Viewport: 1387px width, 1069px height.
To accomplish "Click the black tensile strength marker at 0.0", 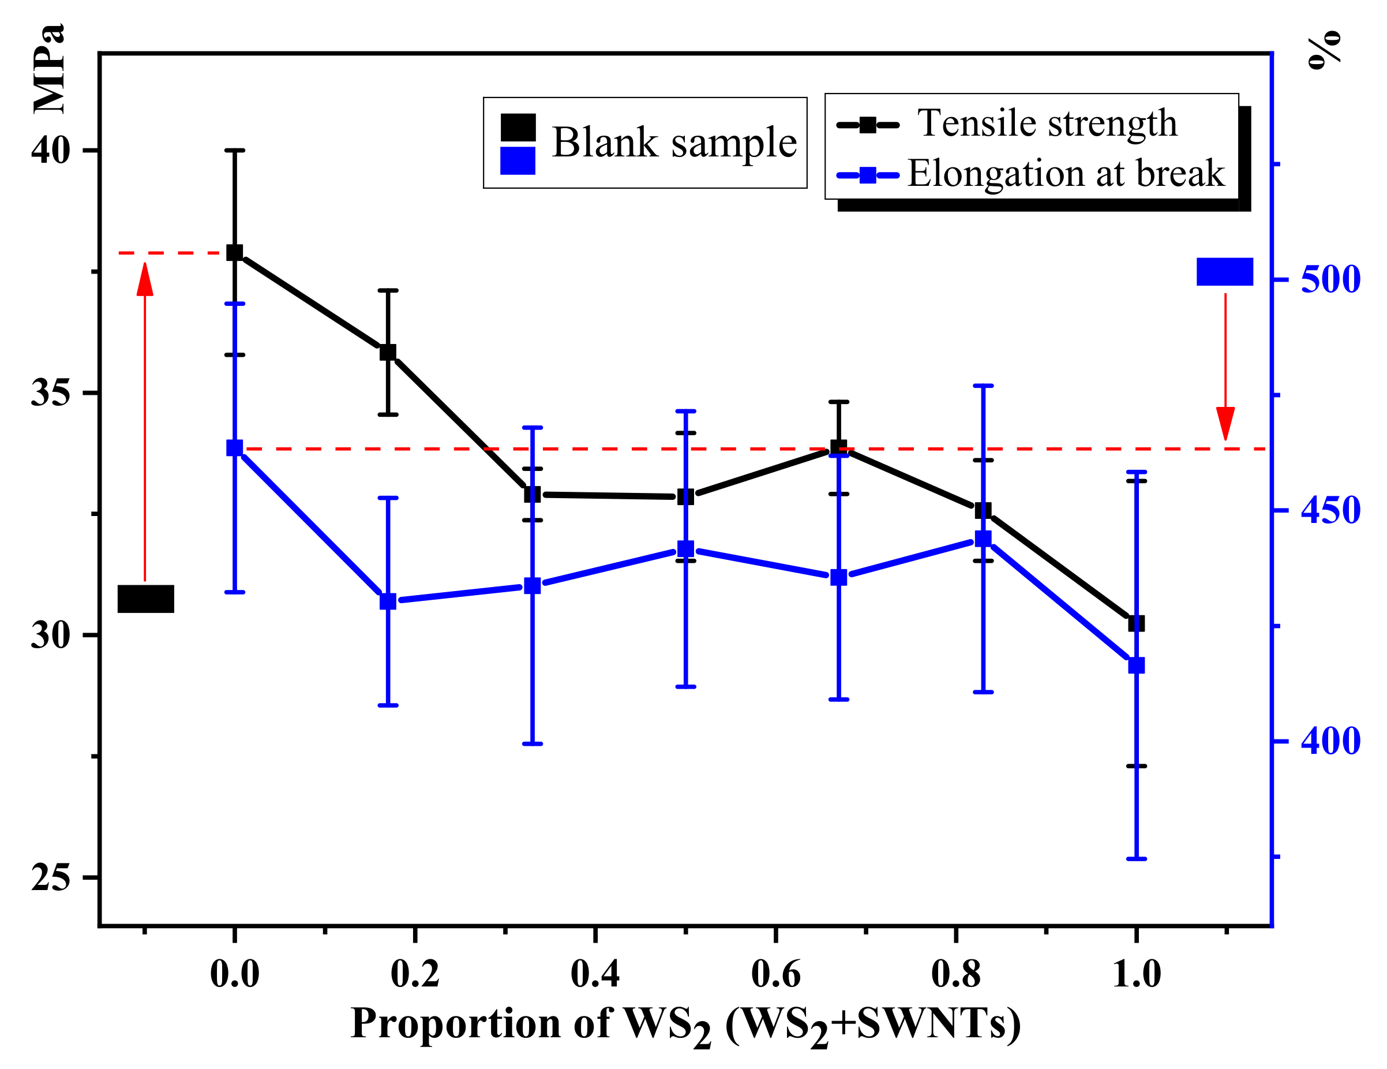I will point(234,253).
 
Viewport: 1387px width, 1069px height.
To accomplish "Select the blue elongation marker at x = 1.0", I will point(1136,666).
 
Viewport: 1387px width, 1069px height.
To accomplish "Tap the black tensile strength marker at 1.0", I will point(1136,623).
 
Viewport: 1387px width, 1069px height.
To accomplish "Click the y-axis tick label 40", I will point(50,151).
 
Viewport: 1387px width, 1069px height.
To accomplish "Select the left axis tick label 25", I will point(50,878).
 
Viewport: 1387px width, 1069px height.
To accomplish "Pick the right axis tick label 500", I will point(1330,279).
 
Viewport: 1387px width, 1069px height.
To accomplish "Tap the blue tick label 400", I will point(1330,741).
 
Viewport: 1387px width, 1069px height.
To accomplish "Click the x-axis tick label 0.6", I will point(775,974).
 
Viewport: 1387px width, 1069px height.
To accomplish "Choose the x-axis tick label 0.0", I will point(234,974).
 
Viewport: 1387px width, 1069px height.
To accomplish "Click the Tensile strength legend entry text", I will point(1047,122).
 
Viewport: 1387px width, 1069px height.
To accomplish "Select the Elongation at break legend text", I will point(1066,173).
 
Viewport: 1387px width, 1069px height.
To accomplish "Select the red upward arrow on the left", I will point(145,419).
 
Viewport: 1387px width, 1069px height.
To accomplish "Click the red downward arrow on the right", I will point(1225,368).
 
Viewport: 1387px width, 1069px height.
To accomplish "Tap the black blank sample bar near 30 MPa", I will point(146,599).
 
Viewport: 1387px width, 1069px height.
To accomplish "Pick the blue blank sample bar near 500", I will point(1224,272).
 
